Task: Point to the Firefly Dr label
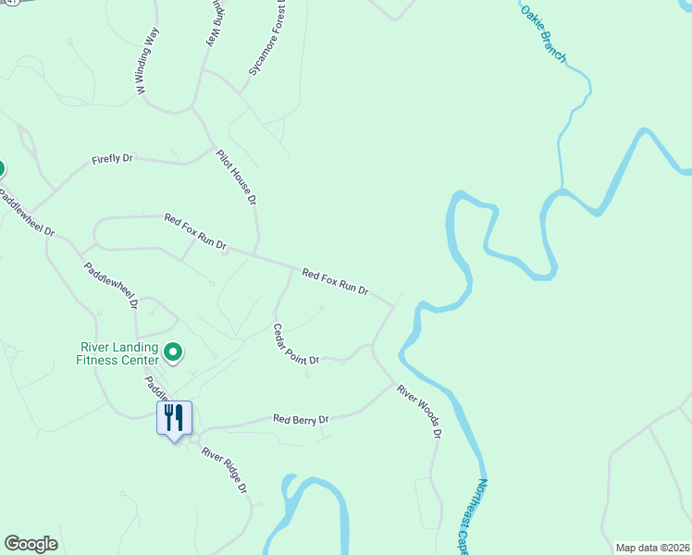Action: tap(113, 159)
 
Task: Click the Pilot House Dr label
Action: tap(236, 177)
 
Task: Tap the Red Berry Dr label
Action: tap(301, 419)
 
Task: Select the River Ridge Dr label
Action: tap(225, 470)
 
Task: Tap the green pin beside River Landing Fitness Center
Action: tap(172, 351)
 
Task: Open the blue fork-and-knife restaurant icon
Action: tap(174, 419)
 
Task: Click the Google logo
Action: tap(31, 544)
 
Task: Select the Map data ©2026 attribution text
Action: tap(652, 547)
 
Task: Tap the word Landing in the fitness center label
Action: tap(128, 348)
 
